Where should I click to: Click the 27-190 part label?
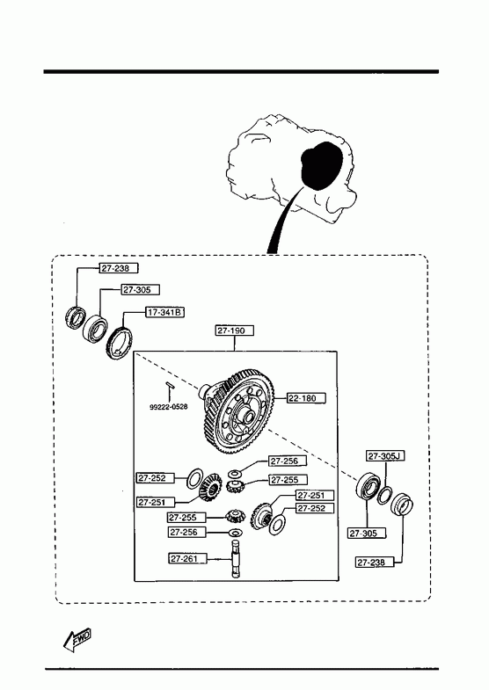[235, 330]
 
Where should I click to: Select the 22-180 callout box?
[306, 398]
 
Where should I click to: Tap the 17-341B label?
[165, 312]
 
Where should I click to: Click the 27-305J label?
[385, 456]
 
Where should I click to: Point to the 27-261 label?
[188, 559]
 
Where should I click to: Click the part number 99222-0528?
[168, 407]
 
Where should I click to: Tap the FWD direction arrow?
[77, 639]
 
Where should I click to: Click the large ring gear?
[239, 412]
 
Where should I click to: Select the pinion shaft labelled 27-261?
[237, 558]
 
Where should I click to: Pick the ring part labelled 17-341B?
[120, 343]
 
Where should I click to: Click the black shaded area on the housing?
[322, 165]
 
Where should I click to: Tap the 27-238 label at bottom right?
[375, 563]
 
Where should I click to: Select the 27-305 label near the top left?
[141, 289]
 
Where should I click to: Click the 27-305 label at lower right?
[367, 534]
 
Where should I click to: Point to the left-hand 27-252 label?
[156, 478]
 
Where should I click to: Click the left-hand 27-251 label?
[156, 502]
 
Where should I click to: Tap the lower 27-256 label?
[187, 533]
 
